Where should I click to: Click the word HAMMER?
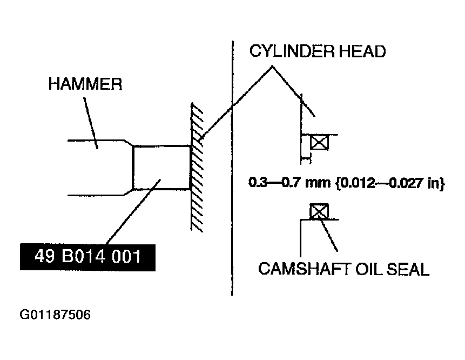[x=85, y=84]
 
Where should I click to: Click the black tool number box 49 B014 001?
[x=87, y=257]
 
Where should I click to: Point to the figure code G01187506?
[x=55, y=315]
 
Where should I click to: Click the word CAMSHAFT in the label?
[x=305, y=269]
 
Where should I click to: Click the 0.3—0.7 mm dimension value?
[x=289, y=182]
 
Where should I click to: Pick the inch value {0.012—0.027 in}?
[x=390, y=183]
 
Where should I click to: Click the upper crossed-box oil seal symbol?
[x=319, y=142]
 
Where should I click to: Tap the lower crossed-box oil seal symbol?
[x=319, y=211]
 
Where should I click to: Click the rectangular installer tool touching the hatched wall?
[x=161, y=168]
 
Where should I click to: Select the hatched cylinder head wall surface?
[x=197, y=167]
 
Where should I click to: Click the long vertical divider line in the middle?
[x=232, y=168]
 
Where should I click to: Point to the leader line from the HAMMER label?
[x=90, y=123]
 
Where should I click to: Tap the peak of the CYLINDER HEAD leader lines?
[x=272, y=66]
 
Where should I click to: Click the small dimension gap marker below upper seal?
[x=306, y=159]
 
